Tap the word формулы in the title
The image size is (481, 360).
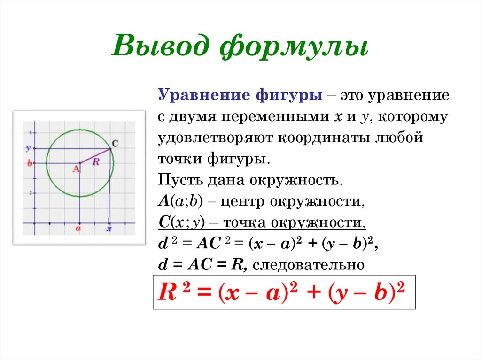(294, 46)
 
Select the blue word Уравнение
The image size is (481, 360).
(204, 95)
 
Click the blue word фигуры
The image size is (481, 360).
(289, 96)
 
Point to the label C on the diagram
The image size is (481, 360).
(115, 144)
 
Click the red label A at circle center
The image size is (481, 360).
(76, 169)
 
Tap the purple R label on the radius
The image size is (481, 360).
(96, 161)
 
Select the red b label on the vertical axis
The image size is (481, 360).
(30, 163)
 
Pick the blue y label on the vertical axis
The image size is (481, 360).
(28, 149)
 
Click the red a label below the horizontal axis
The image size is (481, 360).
(78, 229)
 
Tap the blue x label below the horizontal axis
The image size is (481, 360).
(109, 229)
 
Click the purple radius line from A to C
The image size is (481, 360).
(95, 156)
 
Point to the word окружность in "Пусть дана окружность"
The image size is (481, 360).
(296, 180)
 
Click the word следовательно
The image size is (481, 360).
(309, 265)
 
